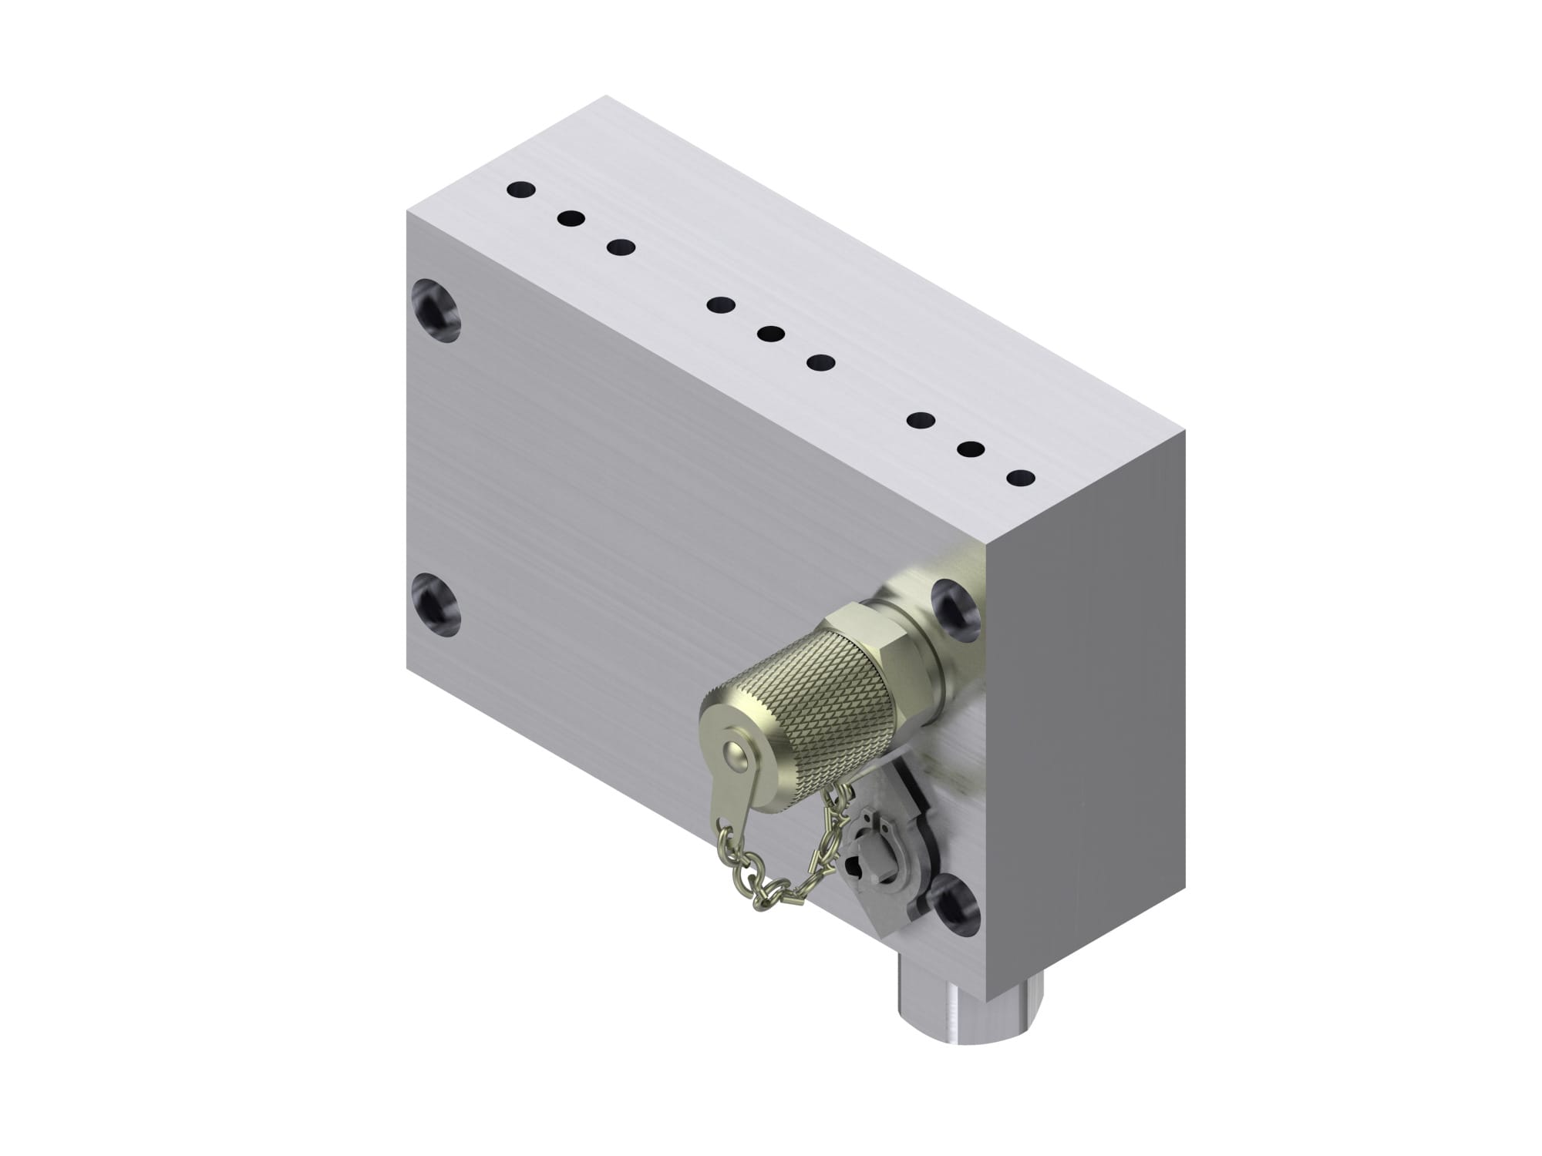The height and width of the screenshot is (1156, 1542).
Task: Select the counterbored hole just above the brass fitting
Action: coord(956,605)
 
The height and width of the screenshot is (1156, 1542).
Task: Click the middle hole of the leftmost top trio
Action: coord(571,219)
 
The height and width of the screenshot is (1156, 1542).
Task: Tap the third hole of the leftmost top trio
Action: coord(621,247)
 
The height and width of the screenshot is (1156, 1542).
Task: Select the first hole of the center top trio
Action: coord(722,305)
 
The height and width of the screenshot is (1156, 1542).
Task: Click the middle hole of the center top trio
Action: coord(771,334)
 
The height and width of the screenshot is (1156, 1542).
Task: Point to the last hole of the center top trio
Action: coord(822,362)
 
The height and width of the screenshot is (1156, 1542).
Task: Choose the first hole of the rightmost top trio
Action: coord(921,421)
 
